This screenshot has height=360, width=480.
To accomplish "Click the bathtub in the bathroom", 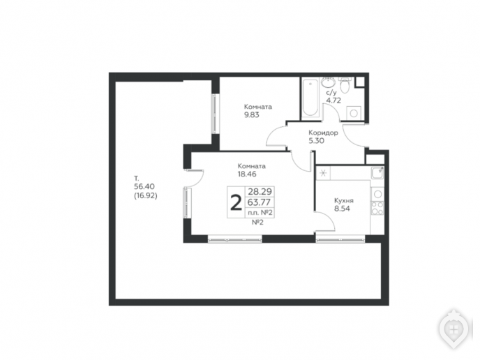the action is click(x=310, y=98).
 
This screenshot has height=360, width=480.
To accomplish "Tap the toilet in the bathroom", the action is click(x=345, y=85).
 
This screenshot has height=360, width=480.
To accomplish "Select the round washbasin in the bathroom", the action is click(x=329, y=82).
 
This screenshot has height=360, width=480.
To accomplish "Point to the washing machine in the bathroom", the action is click(x=354, y=112).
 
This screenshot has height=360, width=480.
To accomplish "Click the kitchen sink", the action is click(x=377, y=173).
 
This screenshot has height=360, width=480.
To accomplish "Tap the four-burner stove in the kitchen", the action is click(x=377, y=208).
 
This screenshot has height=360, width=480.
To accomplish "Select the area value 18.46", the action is click(x=247, y=174).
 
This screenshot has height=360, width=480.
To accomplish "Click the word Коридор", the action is click(x=323, y=133).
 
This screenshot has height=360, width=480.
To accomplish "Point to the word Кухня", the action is click(x=344, y=201).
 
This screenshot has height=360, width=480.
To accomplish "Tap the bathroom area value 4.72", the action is click(x=333, y=100).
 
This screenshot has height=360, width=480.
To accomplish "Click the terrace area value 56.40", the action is click(x=144, y=187).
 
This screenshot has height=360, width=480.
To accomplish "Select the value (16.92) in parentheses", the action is click(x=146, y=195).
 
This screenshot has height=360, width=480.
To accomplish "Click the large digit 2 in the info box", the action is click(x=236, y=203).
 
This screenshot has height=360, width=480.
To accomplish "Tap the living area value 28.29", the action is click(x=260, y=192).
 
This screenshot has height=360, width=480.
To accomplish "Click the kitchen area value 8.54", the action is click(x=342, y=209).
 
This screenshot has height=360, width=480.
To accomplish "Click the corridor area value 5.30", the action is click(x=316, y=141).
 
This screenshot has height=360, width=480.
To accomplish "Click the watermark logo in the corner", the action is click(x=455, y=329).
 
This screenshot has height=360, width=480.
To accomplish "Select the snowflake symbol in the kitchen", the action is click(x=323, y=173).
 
